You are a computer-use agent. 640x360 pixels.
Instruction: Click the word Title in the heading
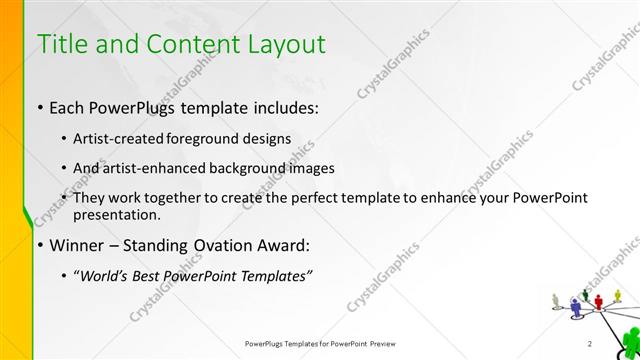point(61,44)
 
